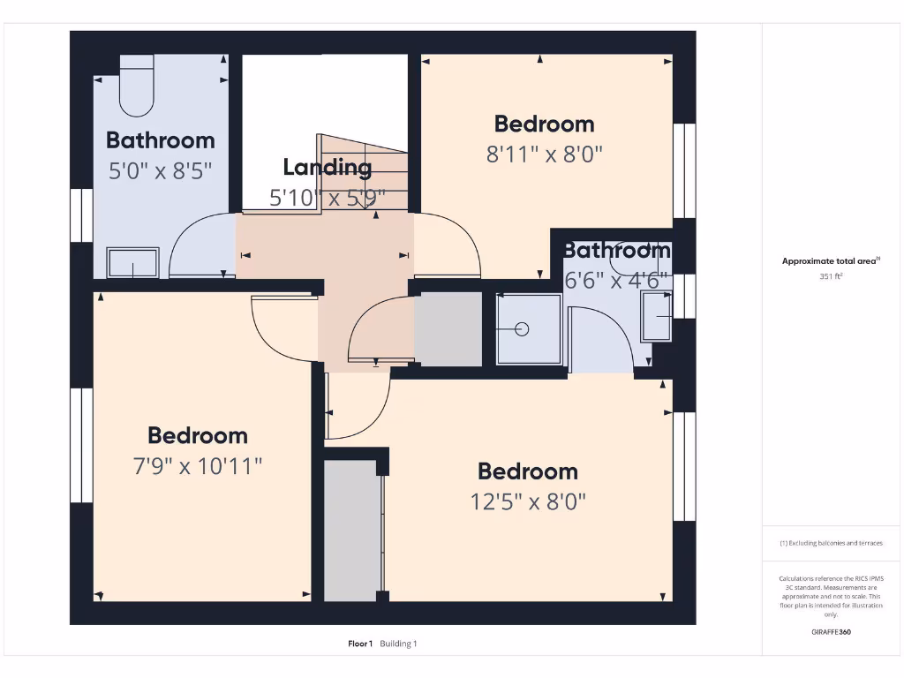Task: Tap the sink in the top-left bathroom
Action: tap(133, 262)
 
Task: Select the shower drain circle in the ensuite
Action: tap(522, 329)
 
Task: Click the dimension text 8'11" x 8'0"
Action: tap(544, 154)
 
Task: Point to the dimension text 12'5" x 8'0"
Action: tap(528, 501)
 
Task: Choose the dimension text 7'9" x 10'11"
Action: tap(198, 465)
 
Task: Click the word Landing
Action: tap(327, 167)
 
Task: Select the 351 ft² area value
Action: tap(831, 276)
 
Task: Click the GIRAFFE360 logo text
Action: tap(831, 632)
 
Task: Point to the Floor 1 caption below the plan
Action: tap(360, 644)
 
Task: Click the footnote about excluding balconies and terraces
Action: tap(831, 544)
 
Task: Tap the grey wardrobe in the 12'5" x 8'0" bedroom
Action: tap(351, 530)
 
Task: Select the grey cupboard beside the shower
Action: tap(448, 328)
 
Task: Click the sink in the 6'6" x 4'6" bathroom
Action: tap(656, 316)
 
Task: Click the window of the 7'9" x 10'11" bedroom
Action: tap(81, 446)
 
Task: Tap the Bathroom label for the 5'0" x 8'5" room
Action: tap(160, 140)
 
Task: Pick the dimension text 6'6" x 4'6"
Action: tap(617, 280)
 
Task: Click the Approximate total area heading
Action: tap(830, 261)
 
